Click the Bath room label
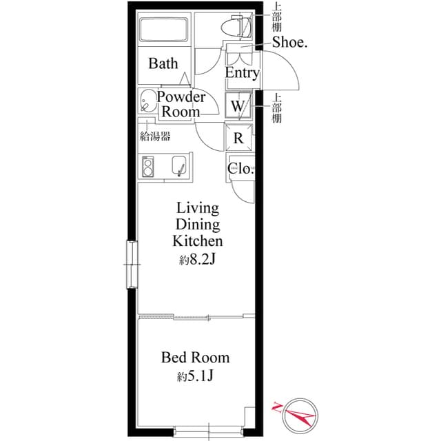coord(163,63)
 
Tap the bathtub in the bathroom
coord(163,30)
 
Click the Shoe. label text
coord(289,43)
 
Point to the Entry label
coord(242,73)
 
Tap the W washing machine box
coord(238,105)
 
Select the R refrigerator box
coord(239,138)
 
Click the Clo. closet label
coord(240,168)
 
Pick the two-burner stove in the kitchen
coord(148,167)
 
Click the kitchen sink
coord(179,165)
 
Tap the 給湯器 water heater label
coord(155,136)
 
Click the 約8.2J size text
coord(198,260)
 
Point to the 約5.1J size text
coord(195,376)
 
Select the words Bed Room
coord(195,358)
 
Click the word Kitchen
coord(198,240)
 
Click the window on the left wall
coord(132,265)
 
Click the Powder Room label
coord(181,104)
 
